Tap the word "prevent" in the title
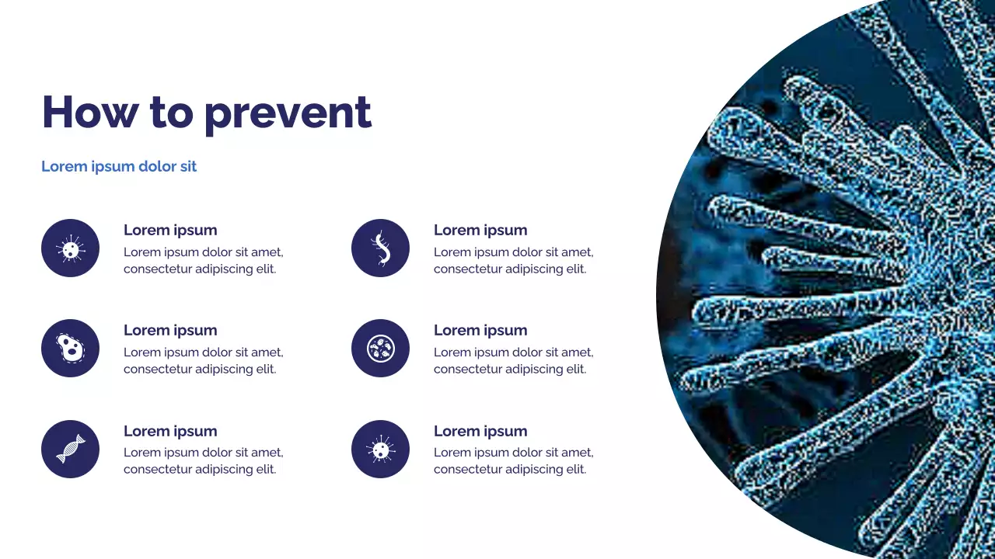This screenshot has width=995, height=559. click(288, 113)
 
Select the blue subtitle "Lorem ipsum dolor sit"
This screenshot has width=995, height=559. click(119, 167)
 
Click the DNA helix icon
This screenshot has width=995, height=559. click(70, 449)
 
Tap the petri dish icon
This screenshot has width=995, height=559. click(380, 349)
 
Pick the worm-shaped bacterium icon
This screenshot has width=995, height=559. click(380, 248)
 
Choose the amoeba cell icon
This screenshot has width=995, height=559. click(70, 349)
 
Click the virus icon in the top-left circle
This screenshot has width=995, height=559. click(70, 248)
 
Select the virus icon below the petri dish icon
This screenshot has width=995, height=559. click(380, 449)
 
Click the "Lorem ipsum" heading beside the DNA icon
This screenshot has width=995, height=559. click(170, 431)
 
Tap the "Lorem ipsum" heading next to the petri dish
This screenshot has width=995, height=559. click(480, 330)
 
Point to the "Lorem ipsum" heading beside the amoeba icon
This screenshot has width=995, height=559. click(170, 330)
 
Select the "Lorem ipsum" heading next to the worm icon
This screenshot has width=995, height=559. click(480, 230)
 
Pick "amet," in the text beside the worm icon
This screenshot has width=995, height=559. click(577, 252)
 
